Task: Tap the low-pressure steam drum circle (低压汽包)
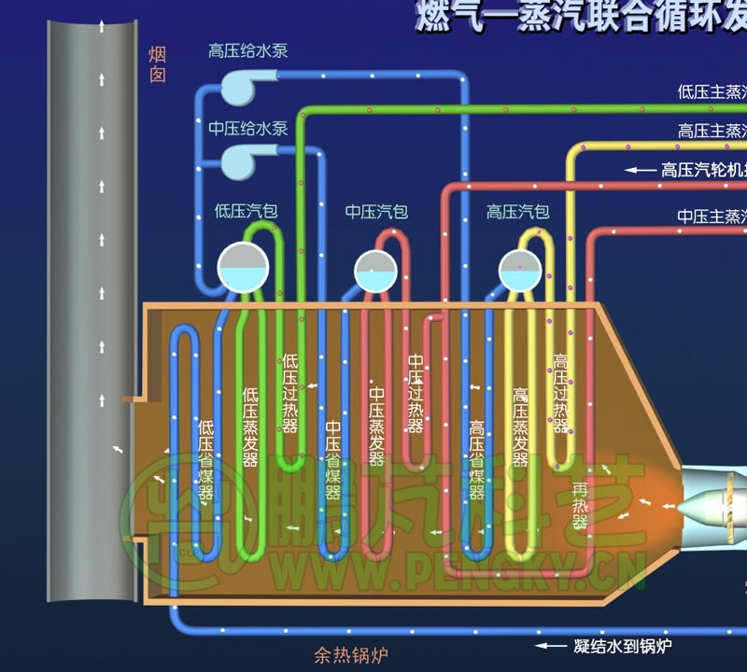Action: click(244, 265)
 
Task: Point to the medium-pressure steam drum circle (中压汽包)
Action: click(377, 271)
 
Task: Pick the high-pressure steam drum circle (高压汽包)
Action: click(521, 270)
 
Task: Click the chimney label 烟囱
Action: click(158, 65)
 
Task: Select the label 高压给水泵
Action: click(247, 50)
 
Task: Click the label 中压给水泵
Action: click(247, 128)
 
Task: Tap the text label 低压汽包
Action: click(247, 212)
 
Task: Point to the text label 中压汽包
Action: click(377, 212)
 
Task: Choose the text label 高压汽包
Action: click(517, 212)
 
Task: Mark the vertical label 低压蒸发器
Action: click(250, 427)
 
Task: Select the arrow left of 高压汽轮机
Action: click(639, 170)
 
